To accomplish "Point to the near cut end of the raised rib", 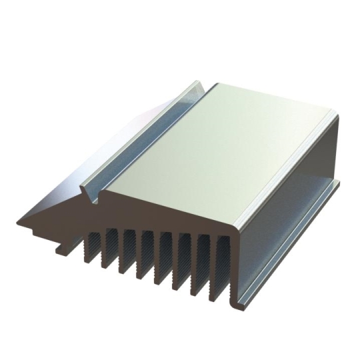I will coord(89,193).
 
